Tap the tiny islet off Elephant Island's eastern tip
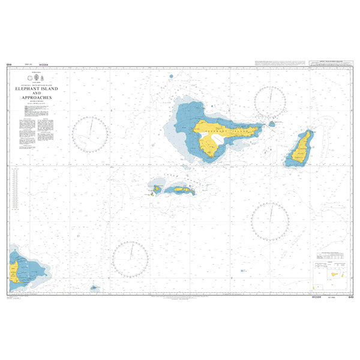point(271,124)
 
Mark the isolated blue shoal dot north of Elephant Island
point(172,76)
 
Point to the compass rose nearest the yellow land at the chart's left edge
point(131,259)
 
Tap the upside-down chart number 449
point(8,64)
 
